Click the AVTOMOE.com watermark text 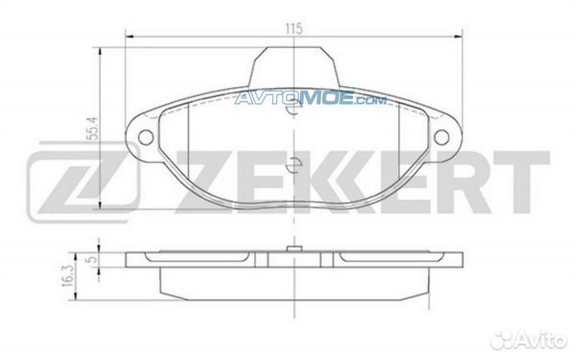(x=310, y=100)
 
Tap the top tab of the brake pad (x=294, y=66)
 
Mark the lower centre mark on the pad (x=293, y=166)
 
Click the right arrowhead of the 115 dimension (x=459, y=34)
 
